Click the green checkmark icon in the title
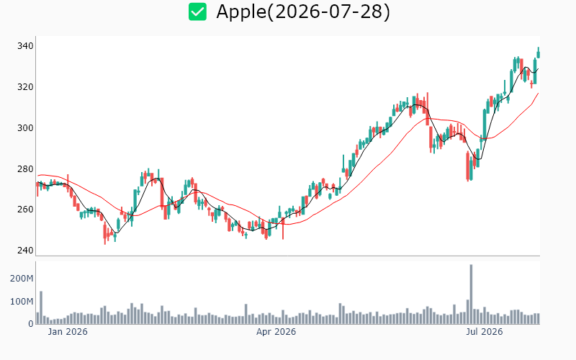tap(197, 12)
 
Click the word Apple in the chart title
tap(241, 12)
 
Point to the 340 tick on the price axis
tap(25, 46)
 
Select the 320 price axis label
tap(25, 87)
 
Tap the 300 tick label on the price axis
tap(25, 128)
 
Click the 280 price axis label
tap(25, 169)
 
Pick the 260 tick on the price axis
tap(25, 210)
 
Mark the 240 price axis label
tap(25, 251)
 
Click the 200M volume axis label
tap(22, 279)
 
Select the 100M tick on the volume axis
tap(22, 302)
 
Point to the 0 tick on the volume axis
tap(31, 324)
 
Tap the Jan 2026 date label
tap(68, 332)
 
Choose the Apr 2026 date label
tap(276, 332)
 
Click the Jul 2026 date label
tap(484, 332)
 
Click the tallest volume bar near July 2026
tap(471, 294)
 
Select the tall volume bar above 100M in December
tap(41, 307)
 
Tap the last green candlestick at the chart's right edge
tap(539, 53)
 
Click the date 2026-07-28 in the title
tap(328, 12)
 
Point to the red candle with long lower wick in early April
tap(283, 228)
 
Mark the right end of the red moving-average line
tap(539, 94)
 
